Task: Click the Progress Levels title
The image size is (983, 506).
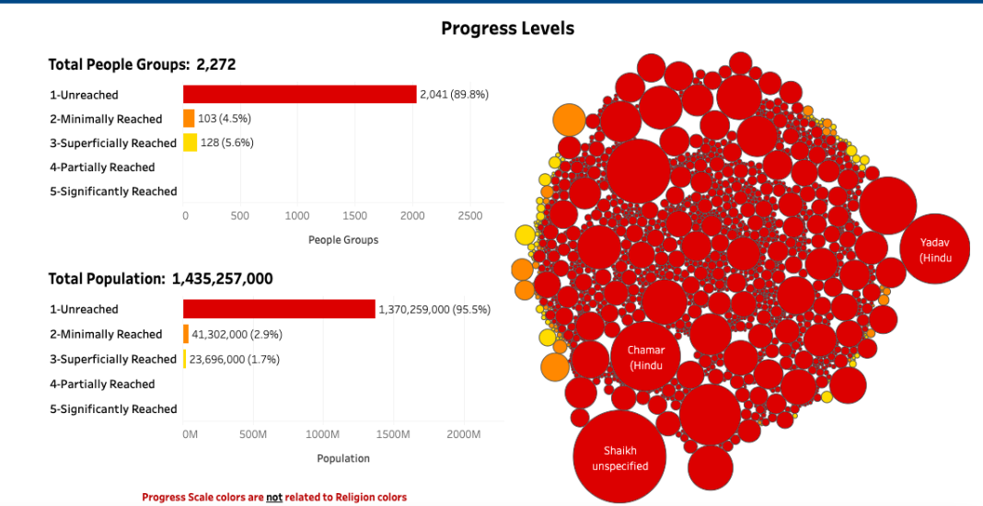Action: [x=508, y=29]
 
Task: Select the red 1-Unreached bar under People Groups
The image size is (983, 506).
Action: [x=300, y=94]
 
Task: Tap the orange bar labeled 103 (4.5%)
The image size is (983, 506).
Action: [x=189, y=119]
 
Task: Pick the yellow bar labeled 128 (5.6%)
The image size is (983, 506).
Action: [x=190, y=143]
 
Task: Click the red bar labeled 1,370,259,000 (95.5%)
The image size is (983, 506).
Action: [x=279, y=309]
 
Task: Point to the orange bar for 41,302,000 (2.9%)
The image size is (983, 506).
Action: [x=186, y=334]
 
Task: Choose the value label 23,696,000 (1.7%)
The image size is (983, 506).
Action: [x=235, y=360]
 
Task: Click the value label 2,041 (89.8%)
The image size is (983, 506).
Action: [x=454, y=95]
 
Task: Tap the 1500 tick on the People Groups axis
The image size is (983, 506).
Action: [x=355, y=215]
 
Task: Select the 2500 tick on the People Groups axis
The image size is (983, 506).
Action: [x=469, y=215]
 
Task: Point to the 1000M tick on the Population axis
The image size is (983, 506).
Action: [x=324, y=434]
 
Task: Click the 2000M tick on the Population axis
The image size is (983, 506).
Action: [x=464, y=434]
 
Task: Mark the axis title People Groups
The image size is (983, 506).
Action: [x=343, y=239]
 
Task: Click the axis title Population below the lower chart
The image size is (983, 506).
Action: [x=343, y=458]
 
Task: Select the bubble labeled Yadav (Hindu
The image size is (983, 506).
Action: [x=935, y=248]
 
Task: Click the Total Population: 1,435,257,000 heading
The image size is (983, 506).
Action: [x=160, y=279]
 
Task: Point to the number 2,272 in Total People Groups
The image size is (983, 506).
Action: [x=215, y=64]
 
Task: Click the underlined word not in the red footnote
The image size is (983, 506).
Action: [x=274, y=497]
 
